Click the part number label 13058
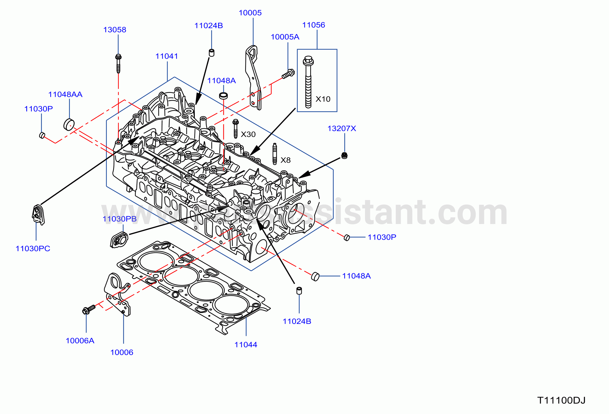point(115,30)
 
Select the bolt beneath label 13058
point(118,63)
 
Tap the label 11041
point(167,56)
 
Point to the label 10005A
point(285,37)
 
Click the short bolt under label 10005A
point(288,74)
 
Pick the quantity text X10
point(323,99)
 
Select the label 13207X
point(342,128)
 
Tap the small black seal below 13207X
point(344,155)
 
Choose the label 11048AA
point(65,94)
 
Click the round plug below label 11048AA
point(69,124)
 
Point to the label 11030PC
point(33,249)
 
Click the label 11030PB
point(120,219)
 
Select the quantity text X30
point(248,134)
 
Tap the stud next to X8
point(275,154)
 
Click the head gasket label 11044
point(246,345)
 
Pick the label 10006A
point(80,341)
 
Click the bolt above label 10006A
point(89,309)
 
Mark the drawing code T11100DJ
point(561,400)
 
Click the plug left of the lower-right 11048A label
point(315,276)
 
